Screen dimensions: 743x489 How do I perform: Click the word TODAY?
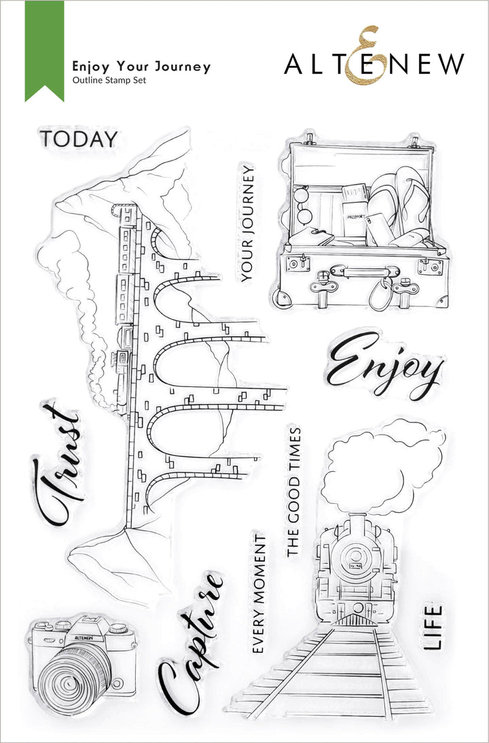tap(78, 139)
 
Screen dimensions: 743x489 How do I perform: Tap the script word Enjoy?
tap(384, 367)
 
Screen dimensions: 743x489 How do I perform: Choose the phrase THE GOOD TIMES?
tap(293, 492)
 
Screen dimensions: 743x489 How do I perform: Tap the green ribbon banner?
tap(44, 48)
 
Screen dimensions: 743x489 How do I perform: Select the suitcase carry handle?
tap(354, 272)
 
